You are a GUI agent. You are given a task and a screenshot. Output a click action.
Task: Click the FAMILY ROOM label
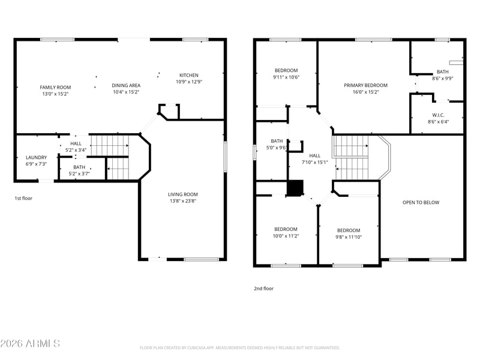pos(55,87)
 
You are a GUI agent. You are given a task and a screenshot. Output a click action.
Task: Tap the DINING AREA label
pos(126,85)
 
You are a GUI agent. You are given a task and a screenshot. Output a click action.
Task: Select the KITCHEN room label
pos(189,75)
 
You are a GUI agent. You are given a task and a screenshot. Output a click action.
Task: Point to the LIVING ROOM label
pos(183,194)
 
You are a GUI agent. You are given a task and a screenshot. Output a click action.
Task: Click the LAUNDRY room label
pos(36,157)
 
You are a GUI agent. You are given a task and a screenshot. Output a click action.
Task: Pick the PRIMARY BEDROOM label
pos(365,85)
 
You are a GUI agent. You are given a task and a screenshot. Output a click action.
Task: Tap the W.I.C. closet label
pos(439,115)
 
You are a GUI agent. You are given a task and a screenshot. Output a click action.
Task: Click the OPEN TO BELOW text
pos(421,202)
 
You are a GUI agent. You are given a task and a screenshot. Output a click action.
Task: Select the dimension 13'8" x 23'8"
pos(183,201)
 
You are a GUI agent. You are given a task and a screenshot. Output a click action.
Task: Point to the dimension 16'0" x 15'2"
pos(365,92)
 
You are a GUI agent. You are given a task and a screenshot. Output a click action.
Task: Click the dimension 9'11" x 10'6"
pos(286,77)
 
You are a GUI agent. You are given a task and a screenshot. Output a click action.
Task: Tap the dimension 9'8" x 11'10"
pos(349,237)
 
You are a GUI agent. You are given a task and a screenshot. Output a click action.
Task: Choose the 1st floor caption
pos(23,199)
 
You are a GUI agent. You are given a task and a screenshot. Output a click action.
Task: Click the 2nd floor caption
pos(264,289)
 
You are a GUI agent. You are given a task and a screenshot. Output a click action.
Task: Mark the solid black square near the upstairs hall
pos(295,188)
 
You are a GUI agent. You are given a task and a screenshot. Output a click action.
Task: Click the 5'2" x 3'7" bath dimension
pos(79,174)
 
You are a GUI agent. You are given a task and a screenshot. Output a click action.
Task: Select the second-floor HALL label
pos(314,155)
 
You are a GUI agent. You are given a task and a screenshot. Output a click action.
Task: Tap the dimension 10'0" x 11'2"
pos(286,236)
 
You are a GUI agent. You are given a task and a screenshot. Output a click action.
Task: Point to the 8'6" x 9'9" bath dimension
pos(443,79)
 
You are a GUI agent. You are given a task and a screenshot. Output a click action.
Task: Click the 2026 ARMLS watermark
pos(30,343)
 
